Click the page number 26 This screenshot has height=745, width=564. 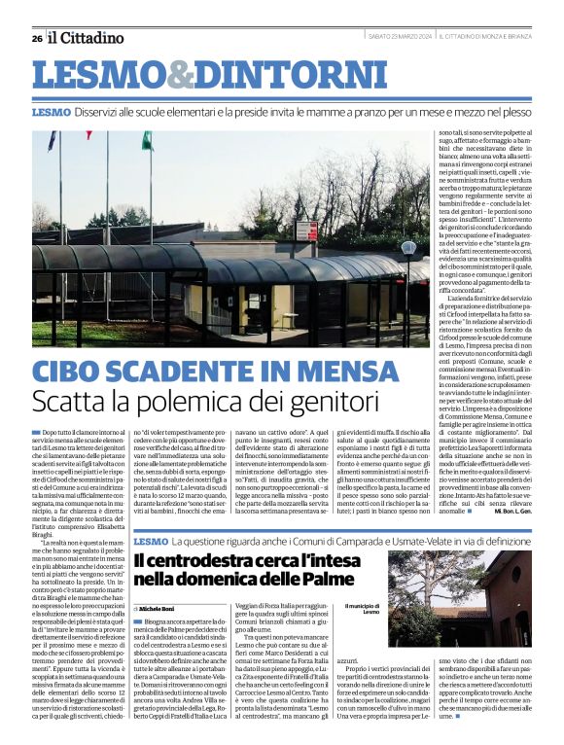point(37,38)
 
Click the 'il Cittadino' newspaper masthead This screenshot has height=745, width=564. point(87,38)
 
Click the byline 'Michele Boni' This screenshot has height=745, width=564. point(159,607)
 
